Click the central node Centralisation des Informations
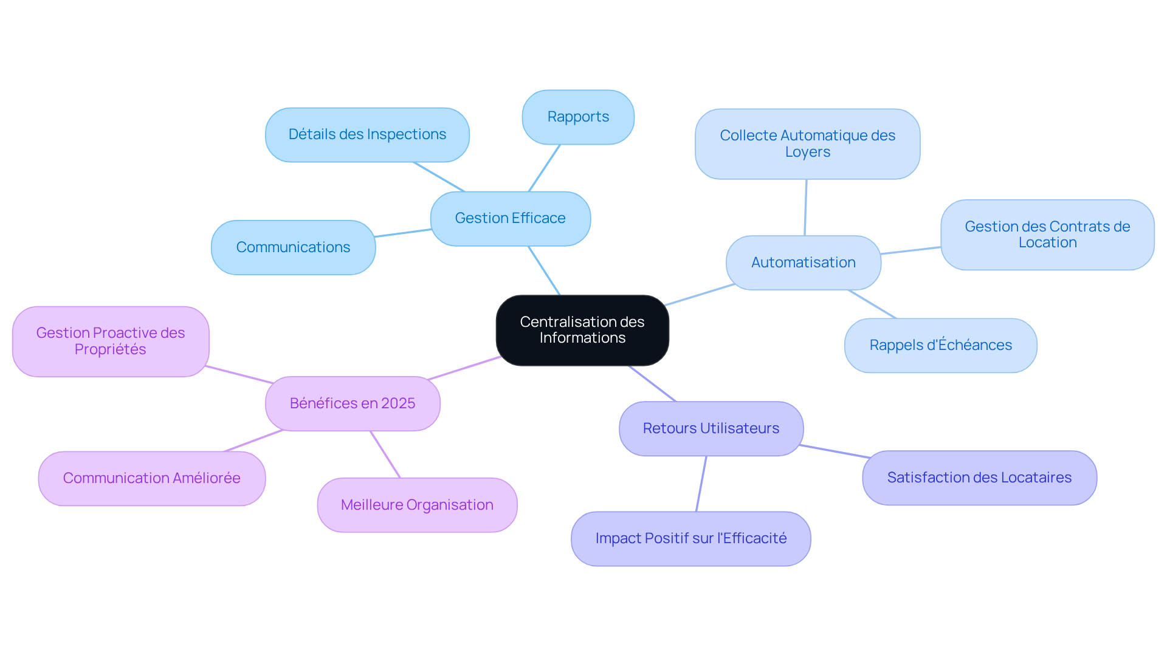(582, 330)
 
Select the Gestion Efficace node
(510, 218)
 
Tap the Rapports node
(578, 117)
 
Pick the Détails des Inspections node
(367, 134)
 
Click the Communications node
(293, 247)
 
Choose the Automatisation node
(803, 262)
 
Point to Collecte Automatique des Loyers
(807, 144)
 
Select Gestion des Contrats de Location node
(1047, 235)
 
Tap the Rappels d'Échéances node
(940, 345)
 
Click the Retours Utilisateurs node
(711, 428)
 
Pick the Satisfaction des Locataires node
(979, 478)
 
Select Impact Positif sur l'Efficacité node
(690, 538)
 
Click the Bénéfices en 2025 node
(353, 403)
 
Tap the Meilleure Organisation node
(417, 505)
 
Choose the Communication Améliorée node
(151, 478)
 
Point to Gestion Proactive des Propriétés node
(110, 341)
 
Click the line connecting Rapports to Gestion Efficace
(544, 168)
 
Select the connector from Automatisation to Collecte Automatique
(805, 207)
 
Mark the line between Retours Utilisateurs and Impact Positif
(701, 484)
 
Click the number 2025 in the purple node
(398, 403)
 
